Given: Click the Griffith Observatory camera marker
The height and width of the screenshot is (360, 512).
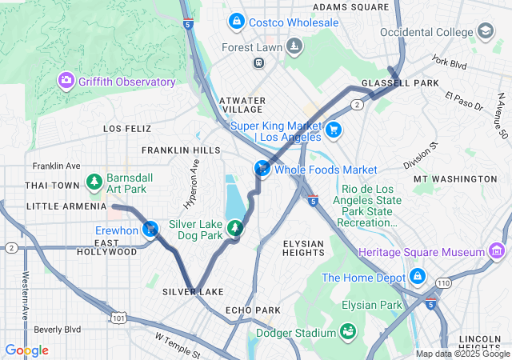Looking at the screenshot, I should coord(66,81).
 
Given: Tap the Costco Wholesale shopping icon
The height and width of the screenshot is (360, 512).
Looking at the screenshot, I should coord(236,22).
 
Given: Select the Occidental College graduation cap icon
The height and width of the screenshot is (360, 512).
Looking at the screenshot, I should coord(485,30).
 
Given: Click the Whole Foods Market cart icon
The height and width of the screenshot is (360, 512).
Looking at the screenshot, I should coord(262,169).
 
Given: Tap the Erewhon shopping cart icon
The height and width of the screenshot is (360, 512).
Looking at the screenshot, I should coord(150,230).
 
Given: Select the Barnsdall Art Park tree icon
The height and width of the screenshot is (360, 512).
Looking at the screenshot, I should coord(94,182).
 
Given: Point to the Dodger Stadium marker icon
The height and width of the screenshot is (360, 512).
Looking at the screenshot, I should coord(348,331).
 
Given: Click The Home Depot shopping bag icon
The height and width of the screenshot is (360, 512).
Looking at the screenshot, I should coord(416,278).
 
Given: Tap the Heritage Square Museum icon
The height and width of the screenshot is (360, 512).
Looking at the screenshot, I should coord(497,252).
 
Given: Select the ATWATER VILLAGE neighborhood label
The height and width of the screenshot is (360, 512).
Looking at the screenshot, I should coord(242,104).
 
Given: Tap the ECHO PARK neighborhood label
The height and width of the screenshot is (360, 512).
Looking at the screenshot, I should coord(253,310).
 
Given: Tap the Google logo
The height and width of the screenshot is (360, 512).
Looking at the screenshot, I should coord(26,350).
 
